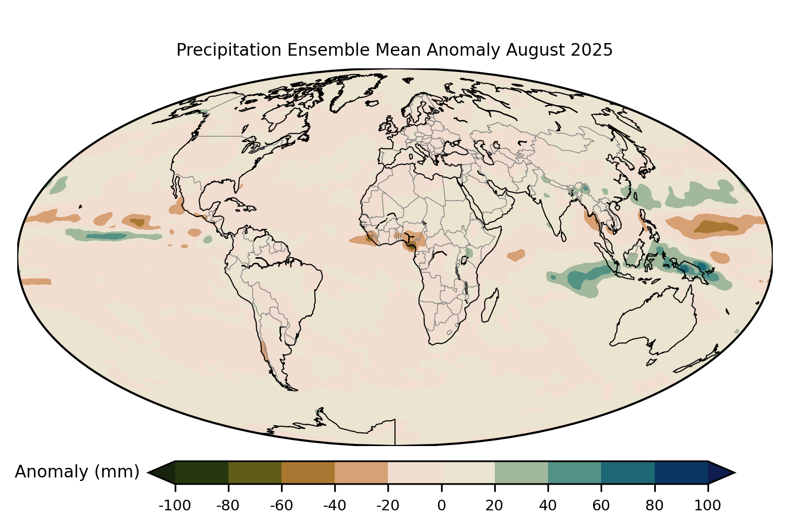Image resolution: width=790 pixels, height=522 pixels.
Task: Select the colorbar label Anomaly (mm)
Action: (77, 472)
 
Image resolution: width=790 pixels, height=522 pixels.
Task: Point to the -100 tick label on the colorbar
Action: (175, 505)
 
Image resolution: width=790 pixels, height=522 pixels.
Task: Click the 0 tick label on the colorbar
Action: (441, 505)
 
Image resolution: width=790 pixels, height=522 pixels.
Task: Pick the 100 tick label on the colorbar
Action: (707, 505)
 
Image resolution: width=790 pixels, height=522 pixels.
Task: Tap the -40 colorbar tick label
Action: (335, 505)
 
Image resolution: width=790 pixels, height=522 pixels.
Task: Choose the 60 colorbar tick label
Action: (601, 505)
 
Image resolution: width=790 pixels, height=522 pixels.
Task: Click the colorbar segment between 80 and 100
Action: (681, 472)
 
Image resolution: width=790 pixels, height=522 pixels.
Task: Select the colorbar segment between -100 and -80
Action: (202, 472)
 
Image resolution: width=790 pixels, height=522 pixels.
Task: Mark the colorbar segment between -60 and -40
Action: (308, 472)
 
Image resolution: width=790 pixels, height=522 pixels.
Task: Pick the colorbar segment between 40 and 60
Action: (574, 472)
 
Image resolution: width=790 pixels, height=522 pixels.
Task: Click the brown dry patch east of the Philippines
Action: (714, 225)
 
